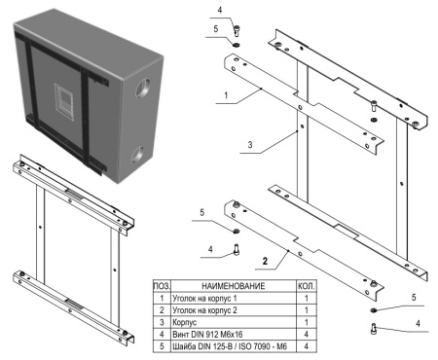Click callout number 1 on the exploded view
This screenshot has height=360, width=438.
click(x=226, y=97)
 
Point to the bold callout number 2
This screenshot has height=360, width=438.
click(x=264, y=262)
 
